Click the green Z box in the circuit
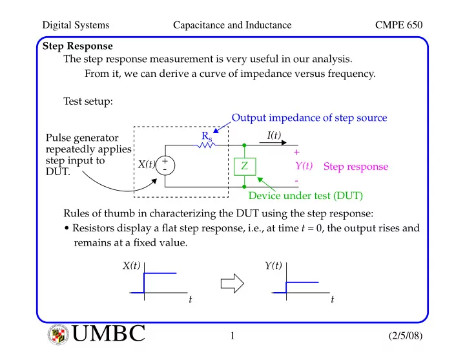coord(245,167)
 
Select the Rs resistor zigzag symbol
coord(206,145)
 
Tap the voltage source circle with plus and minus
coord(165,165)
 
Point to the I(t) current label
coord(274,135)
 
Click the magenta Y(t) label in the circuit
coord(304,165)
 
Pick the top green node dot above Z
coord(244,145)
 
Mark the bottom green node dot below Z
coord(244,187)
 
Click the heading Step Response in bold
coord(77,47)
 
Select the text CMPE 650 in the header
coord(398,25)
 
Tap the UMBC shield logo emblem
coord(58,335)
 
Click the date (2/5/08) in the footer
coord(406,335)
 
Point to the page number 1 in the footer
coord(232,335)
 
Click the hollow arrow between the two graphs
coord(232,284)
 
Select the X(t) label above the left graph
coord(131,266)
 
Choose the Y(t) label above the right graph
coord(273,266)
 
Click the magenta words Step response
coord(356,167)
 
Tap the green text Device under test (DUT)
coord(305,196)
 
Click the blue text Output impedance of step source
coord(309,118)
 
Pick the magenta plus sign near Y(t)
coord(296,153)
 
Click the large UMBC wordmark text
coord(108,333)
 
